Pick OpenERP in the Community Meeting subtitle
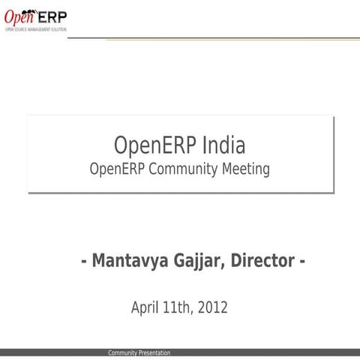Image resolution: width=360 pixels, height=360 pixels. tap(117, 169)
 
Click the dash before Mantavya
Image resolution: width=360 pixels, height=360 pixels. tap(84, 262)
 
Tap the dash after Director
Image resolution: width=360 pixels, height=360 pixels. tap(301, 262)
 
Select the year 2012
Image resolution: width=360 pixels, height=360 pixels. tap(212, 307)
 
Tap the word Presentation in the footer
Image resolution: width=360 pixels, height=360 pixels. tap(154, 353)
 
